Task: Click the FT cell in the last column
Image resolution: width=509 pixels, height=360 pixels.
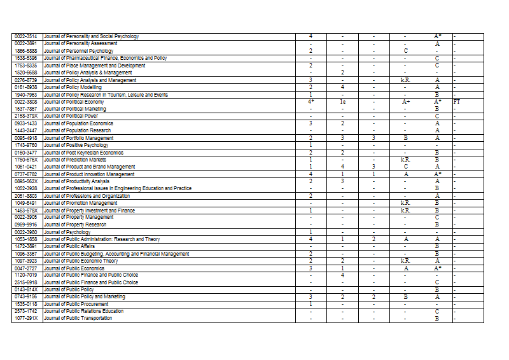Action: pyautogui.click(x=456, y=101)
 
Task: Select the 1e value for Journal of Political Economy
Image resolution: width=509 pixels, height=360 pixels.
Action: pyautogui.click(x=342, y=101)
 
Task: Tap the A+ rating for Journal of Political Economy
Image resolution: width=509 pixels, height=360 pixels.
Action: pyautogui.click(x=405, y=101)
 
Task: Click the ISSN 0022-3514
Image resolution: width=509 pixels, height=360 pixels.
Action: pyautogui.click(x=26, y=36)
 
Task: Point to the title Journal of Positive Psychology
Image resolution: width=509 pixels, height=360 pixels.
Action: pyautogui.click(x=76, y=145)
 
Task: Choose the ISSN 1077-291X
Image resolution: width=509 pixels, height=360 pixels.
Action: pyautogui.click(x=26, y=318)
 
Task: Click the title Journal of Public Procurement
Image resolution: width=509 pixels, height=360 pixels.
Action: pyautogui.click(x=77, y=304)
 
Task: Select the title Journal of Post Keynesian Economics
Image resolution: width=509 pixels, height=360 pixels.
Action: pyautogui.click(x=83, y=152)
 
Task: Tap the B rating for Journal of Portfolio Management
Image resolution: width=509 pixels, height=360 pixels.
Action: pyautogui.click(x=405, y=137)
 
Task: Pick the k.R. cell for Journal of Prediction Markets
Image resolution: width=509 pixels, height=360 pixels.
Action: pyautogui.click(x=405, y=159)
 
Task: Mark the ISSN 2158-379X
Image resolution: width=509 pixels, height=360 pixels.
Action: pyautogui.click(x=26, y=116)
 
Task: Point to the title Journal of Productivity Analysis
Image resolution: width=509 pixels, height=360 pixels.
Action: pyautogui.click(x=77, y=181)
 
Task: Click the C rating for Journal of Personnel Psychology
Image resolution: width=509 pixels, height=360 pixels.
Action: pyautogui.click(x=405, y=50)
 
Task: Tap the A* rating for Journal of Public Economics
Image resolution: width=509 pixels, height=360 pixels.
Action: pyautogui.click(x=437, y=268)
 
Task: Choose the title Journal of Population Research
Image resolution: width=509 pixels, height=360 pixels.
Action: pyautogui.click(x=77, y=130)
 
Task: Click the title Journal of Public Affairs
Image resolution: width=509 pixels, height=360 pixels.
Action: pyautogui.click(x=69, y=246)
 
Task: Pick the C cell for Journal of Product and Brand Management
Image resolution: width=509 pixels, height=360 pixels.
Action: pyautogui.click(x=405, y=167)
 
